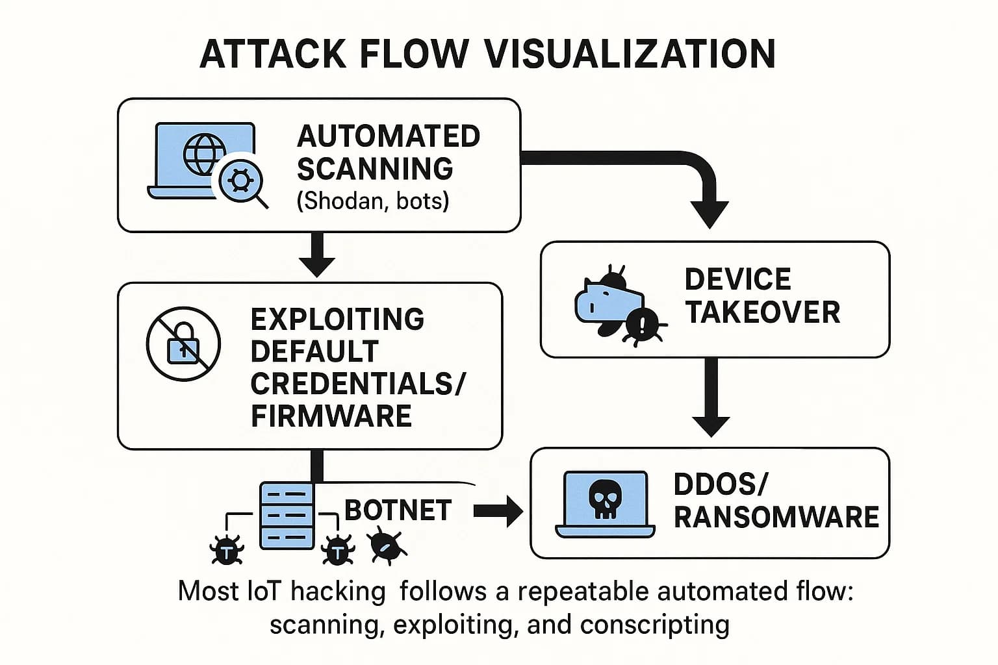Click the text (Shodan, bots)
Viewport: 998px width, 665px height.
click(372, 201)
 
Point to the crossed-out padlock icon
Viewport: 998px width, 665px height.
click(183, 344)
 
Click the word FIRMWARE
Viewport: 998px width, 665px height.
click(331, 416)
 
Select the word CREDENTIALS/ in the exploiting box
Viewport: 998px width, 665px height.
click(357, 383)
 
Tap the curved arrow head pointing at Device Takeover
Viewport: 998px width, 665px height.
click(710, 213)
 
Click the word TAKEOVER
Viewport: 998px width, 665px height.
click(762, 312)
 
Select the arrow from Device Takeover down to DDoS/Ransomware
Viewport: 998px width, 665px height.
click(711, 397)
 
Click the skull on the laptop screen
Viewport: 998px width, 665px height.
click(605, 501)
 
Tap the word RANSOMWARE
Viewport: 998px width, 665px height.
click(776, 517)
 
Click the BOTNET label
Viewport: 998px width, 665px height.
click(398, 510)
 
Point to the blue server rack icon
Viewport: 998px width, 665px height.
click(287, 516)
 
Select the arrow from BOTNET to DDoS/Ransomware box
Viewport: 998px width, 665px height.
click(499, 511)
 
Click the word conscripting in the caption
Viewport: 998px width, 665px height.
click(654, 625)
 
